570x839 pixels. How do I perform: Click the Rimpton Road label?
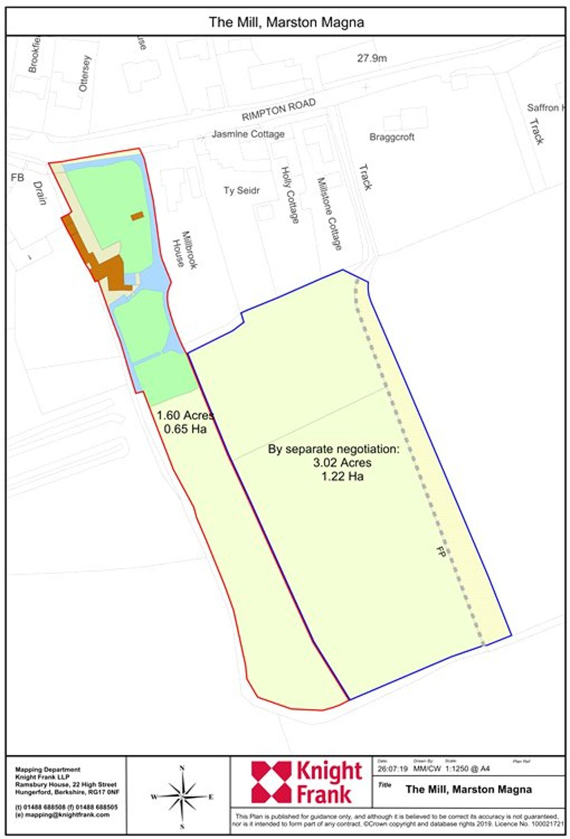(x=278, y=110)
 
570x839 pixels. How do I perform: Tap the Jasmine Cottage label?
(x=248, y=134)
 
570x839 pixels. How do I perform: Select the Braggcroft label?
(x=392, y=137)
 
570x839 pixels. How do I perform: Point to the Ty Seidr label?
(x=241, y=191)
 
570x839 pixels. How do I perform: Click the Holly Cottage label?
(x=290, y=195)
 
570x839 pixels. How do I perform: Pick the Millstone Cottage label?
(x=329, y=213)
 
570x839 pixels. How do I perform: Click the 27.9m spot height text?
(x=371, y=58)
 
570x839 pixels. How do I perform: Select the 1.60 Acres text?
(x=185, y=415)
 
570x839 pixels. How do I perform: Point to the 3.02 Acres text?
(x=342, y=463)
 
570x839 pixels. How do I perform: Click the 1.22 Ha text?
(x=342, y=476)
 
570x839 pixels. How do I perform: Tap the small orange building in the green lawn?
(x=137, y=216)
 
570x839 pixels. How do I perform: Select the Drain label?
(x=40, y=193)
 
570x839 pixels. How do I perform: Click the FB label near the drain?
(x=17, y=178)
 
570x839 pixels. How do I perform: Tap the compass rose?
(x=182, y=797)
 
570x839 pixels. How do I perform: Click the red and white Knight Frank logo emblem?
(x=271, y=782)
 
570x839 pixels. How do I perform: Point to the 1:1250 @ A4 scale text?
(x=467, y=769)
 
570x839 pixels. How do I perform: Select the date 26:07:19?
(x=392, y=769)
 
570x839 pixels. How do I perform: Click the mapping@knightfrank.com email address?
(x=62, y=815)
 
